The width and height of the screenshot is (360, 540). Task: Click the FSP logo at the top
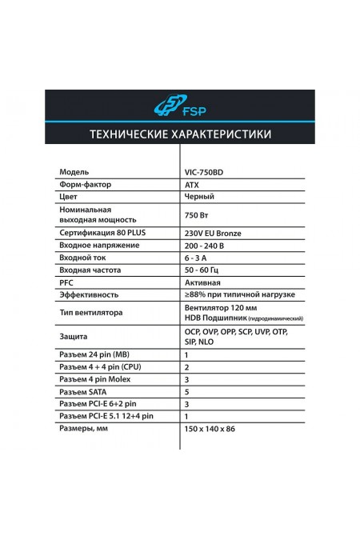point(180,106)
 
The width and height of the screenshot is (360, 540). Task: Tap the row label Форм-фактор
point(84,185)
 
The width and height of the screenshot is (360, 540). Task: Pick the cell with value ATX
point(191,185)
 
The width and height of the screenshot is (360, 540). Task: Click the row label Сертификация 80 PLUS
point(100,233)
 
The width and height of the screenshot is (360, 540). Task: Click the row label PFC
point(67,284)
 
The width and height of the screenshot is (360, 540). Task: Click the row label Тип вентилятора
point(90,314)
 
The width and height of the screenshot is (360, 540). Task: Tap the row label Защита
point(73,337)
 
